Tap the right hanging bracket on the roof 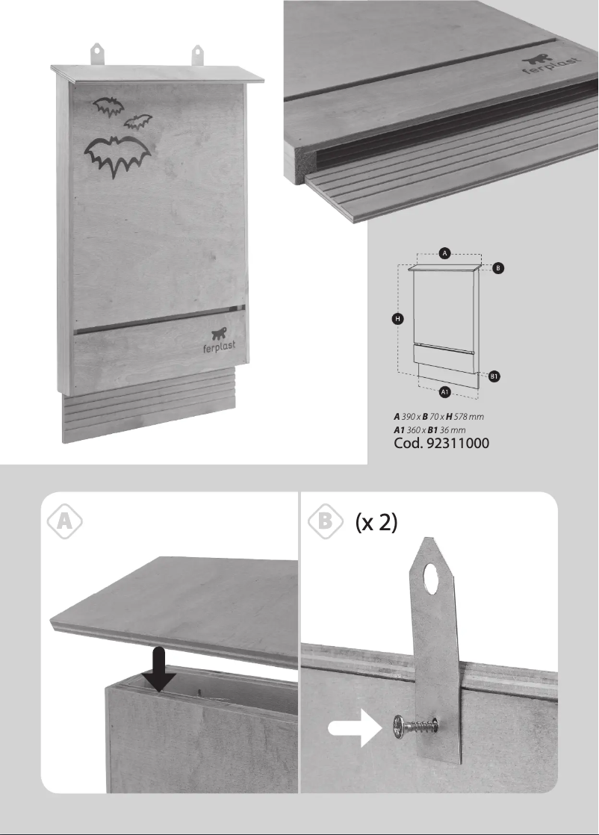click(197, 55)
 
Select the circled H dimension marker click(398, 319)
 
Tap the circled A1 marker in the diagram click(444, 391)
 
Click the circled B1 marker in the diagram click(494, 378)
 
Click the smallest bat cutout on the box click(138, 122)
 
